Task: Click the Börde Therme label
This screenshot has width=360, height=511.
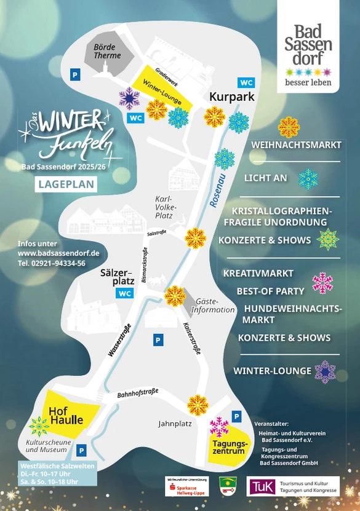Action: [107, 51]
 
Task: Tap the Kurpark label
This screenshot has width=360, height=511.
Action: [231, 97]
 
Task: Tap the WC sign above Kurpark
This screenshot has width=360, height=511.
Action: [246, 82]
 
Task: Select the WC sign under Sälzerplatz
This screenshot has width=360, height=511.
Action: [125, 293]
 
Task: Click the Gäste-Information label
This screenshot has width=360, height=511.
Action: [213, 306]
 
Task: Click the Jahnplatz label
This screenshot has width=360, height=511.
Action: [175, 424]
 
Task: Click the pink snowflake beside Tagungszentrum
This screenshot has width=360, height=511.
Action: [220, 427]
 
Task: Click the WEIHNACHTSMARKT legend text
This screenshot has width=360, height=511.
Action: [296, 145]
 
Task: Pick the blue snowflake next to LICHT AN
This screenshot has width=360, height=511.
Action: [308, 178]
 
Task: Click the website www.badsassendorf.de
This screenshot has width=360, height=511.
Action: [58, 253]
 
